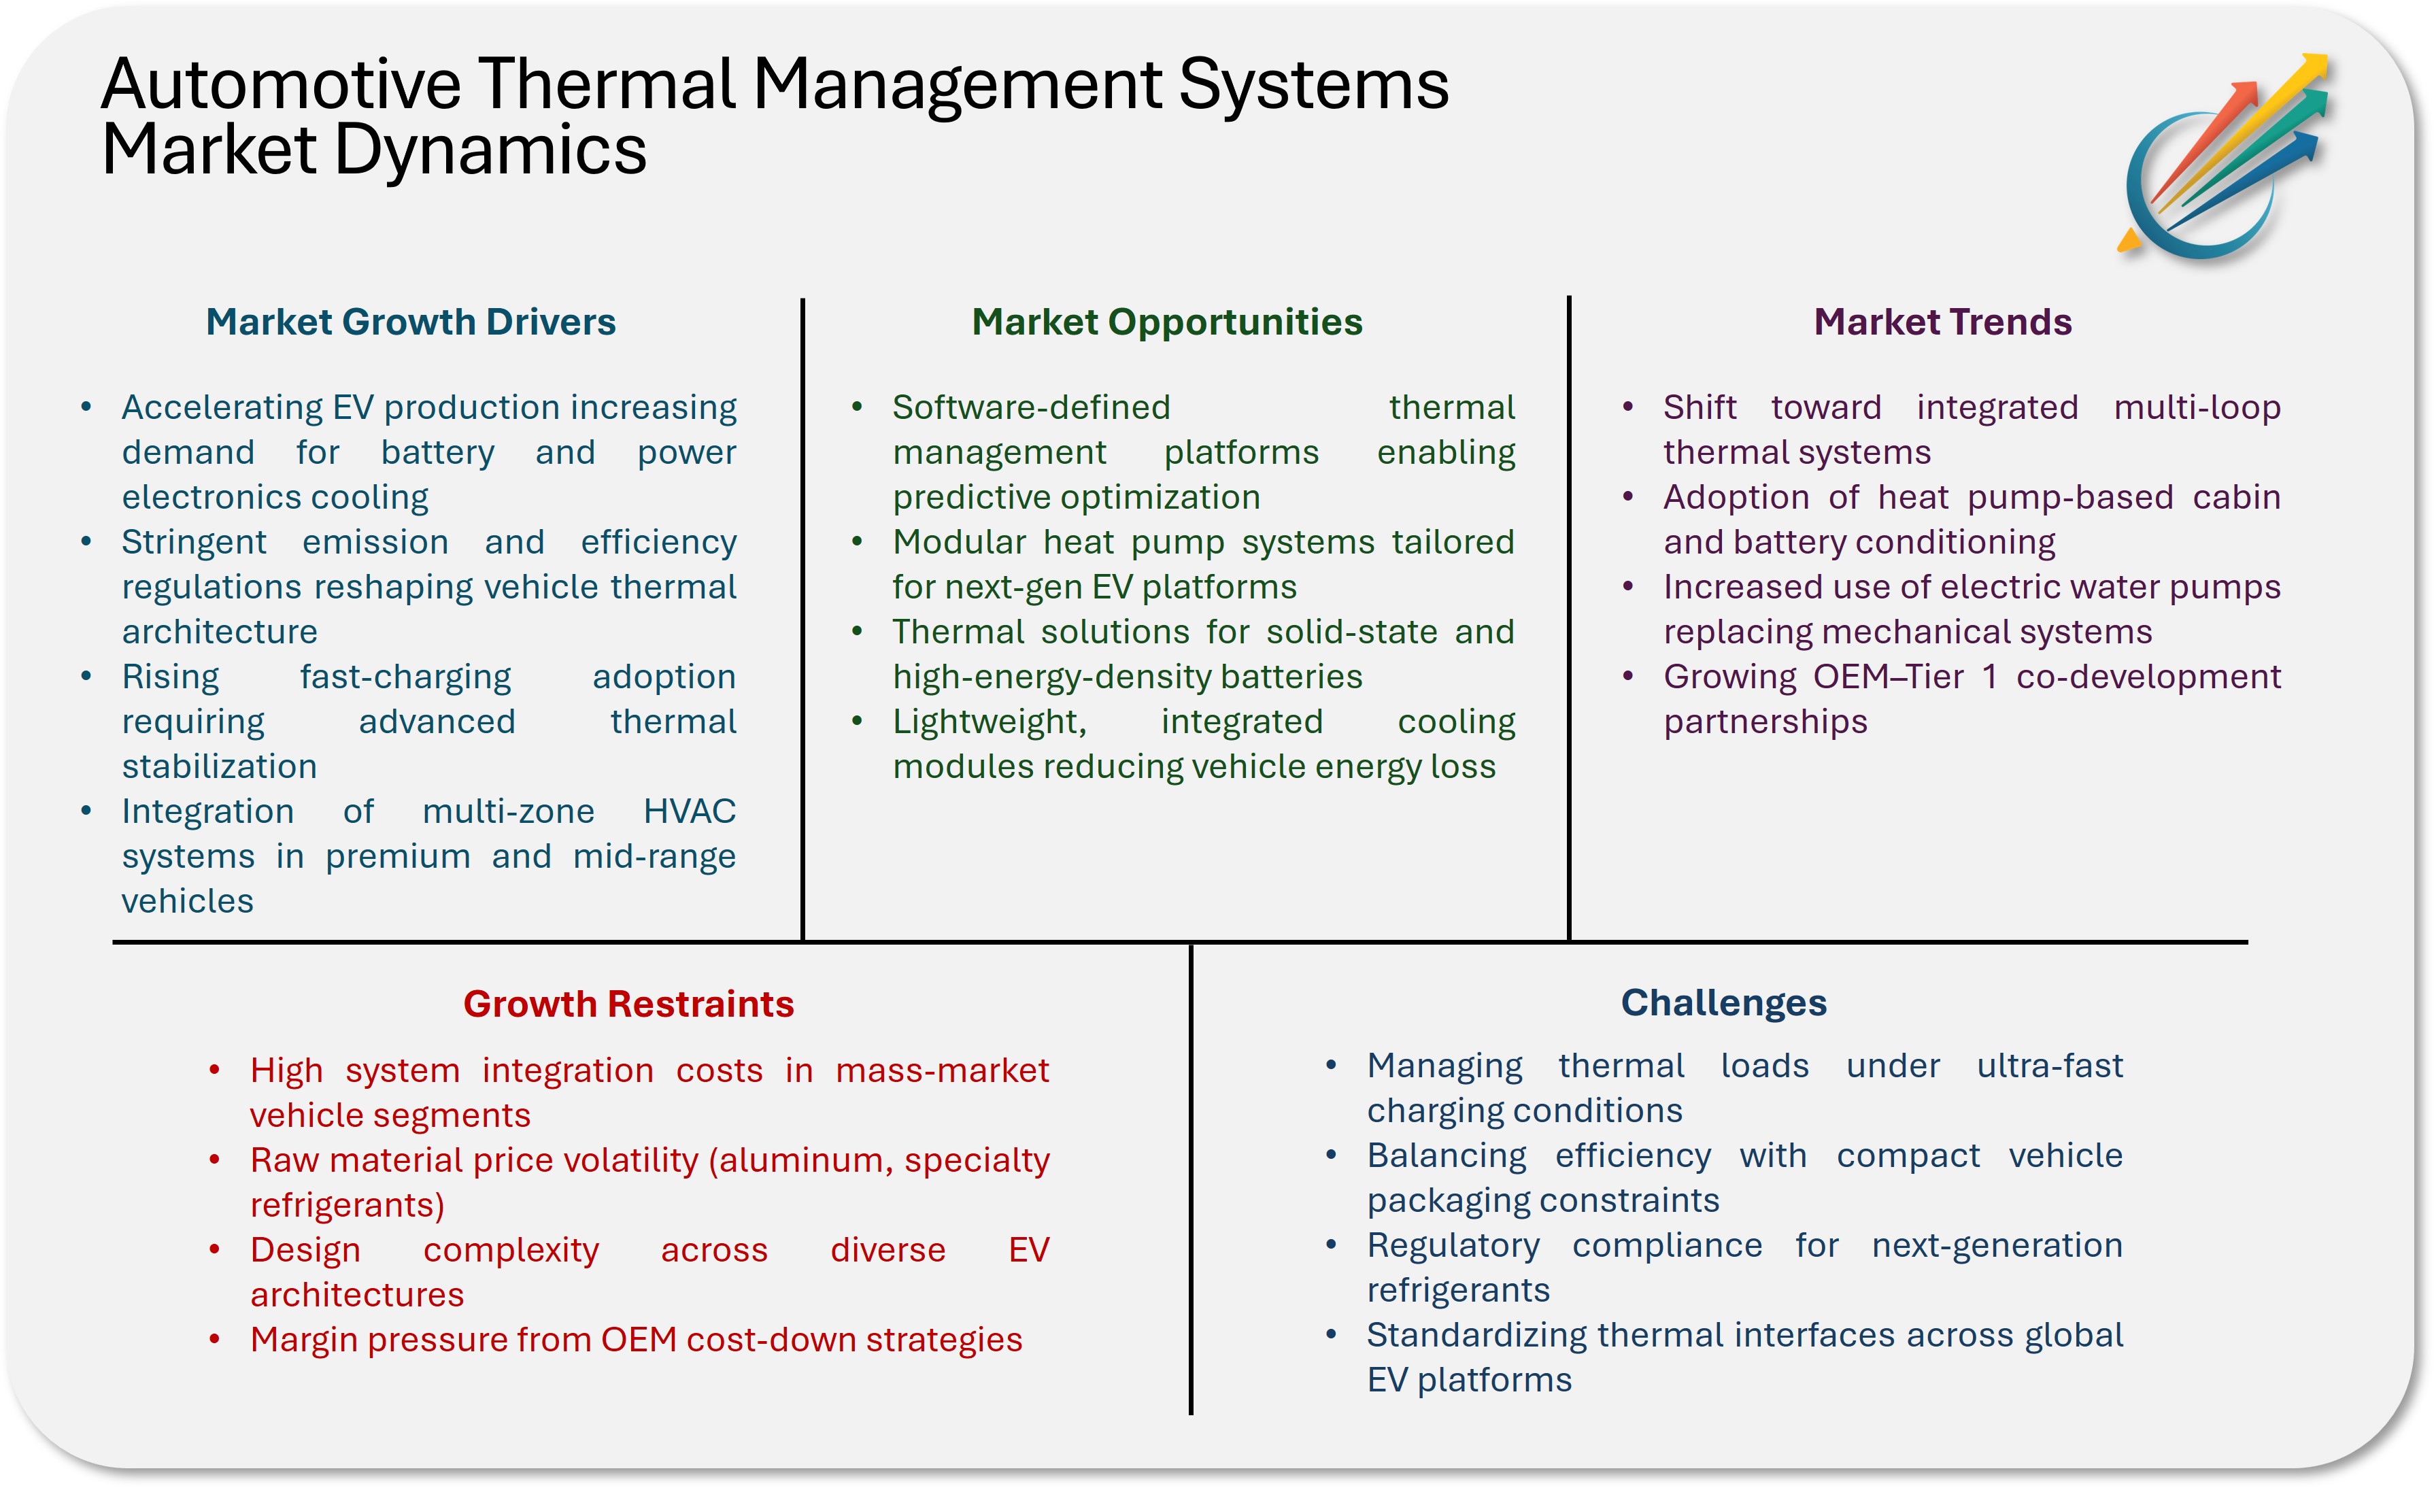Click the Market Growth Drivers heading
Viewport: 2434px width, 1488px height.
pos(410,322)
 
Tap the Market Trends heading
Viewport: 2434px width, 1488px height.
pos(1942,322)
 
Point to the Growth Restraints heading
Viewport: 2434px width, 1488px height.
pos(628,1004)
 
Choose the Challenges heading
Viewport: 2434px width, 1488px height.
pos(1724,1003)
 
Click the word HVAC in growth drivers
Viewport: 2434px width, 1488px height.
pos(690,811)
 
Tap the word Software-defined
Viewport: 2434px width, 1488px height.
pos(1031,407)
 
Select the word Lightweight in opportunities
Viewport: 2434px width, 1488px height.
pos(989,722)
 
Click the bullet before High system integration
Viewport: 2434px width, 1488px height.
pos(214,1070)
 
